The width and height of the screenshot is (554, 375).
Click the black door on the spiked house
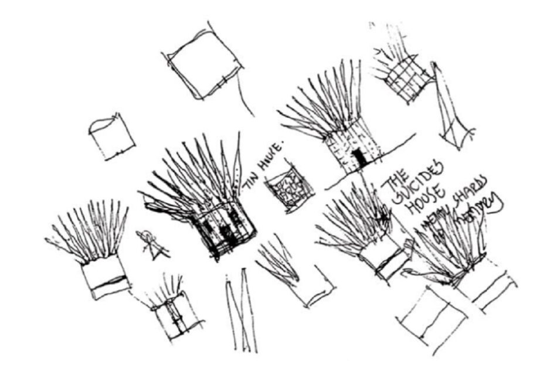pos(358,158)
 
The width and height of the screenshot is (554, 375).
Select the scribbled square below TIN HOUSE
pos(288,191)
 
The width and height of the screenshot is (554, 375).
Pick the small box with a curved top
pos(111,138)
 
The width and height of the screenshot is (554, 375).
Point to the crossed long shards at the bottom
pos(240,311)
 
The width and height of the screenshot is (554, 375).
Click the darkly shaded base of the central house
pos(226,231)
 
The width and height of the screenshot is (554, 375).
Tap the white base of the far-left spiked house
pos(106,278)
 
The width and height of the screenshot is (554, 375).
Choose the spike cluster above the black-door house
pos(328,103)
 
